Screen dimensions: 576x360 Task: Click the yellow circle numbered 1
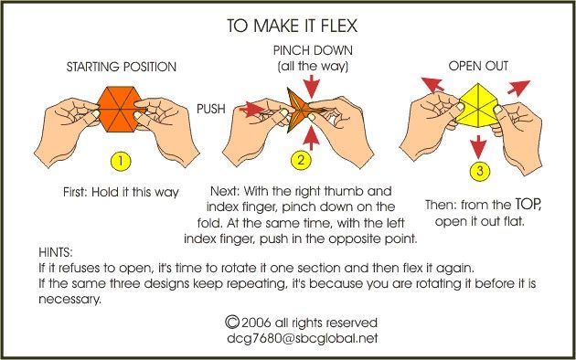[121, 161]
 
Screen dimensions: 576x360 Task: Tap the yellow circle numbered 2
[301, 161]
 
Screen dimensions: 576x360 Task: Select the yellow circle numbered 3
[480, 171]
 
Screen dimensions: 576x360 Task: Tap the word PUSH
[211, 109]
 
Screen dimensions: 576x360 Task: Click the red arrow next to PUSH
[251, 109]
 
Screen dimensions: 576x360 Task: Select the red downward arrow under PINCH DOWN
[312, 87]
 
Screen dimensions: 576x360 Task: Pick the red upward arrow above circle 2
[312, 138]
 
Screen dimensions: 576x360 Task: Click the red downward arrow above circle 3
[479, 147]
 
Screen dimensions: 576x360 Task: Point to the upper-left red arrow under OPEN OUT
[432, 84]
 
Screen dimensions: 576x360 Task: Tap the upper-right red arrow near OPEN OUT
[518, 88]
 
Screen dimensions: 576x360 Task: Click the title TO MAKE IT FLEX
[292, 26]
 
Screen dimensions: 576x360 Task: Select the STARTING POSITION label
[122, 67]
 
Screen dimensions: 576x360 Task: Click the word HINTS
[56, 252]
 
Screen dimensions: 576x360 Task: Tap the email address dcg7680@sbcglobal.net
[302, 338]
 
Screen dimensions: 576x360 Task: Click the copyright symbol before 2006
[232, 322]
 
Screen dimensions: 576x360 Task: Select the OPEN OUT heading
[478, 66]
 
